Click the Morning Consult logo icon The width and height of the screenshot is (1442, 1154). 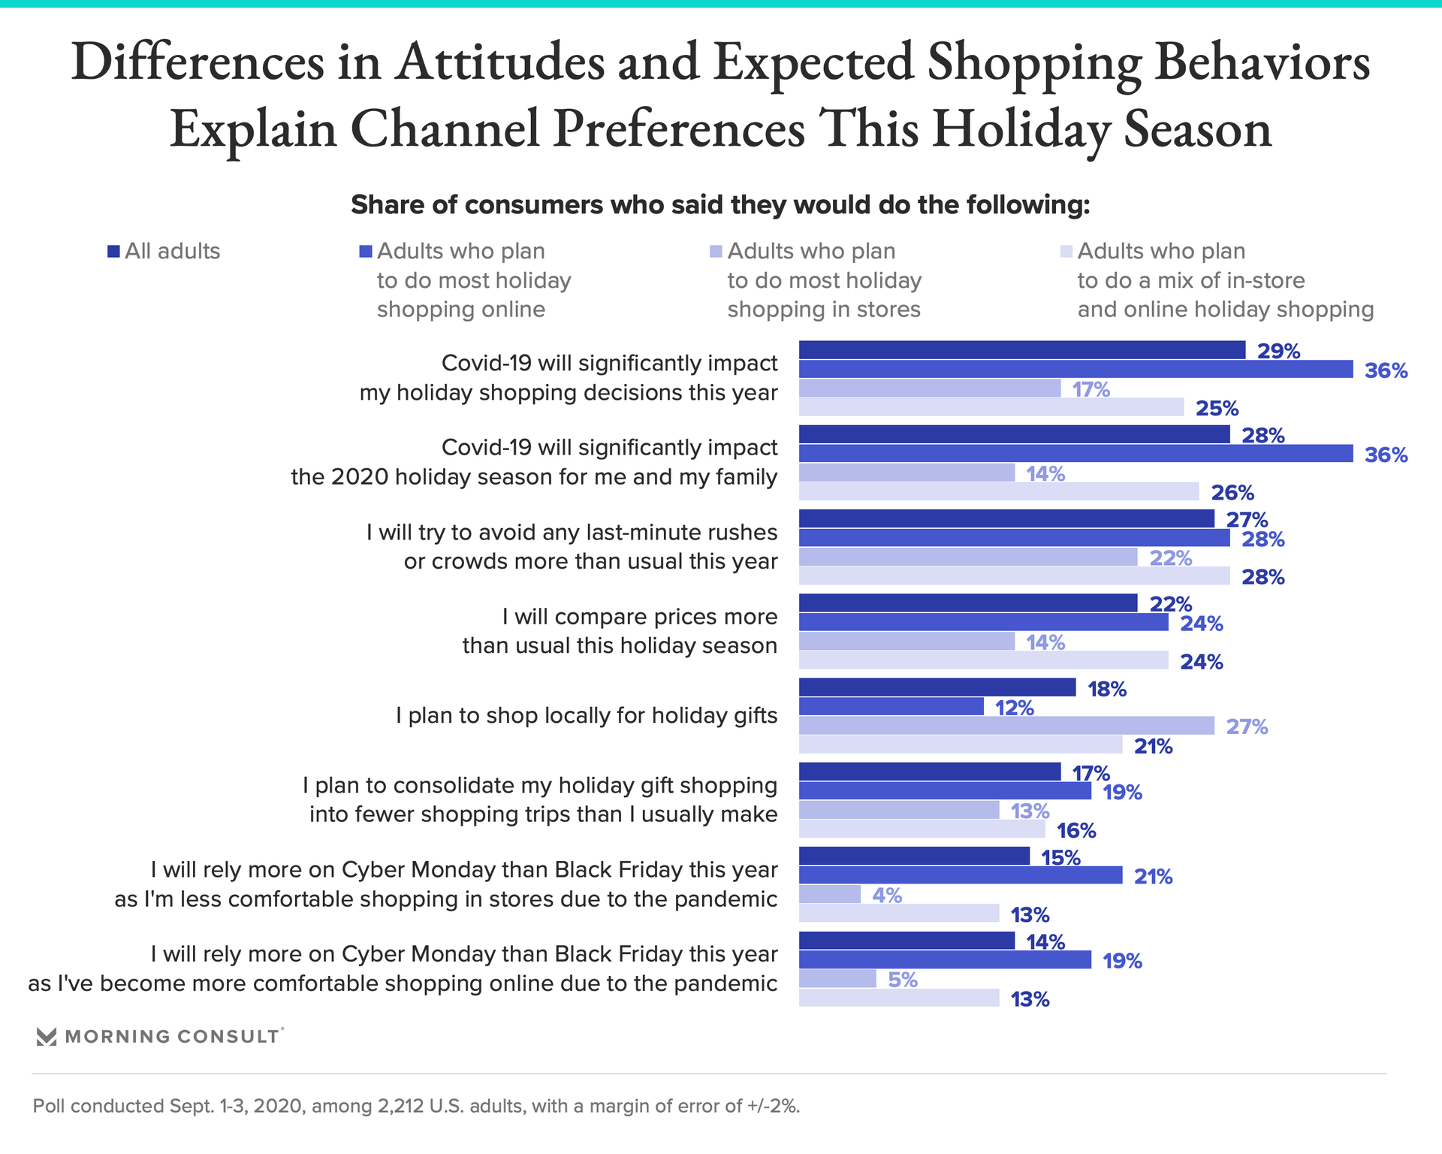tap(47, 1037)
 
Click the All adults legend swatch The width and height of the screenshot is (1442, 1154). tap(113, 252)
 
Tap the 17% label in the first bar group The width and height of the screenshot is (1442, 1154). tap(1091, 389)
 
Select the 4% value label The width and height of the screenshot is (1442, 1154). tap(886, 895)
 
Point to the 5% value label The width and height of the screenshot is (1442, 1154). tap(902, 980)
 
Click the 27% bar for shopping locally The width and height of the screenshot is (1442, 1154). tap(1006, 726)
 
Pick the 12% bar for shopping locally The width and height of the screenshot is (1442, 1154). tap(891, 707)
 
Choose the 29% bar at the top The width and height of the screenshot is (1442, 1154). tap(1021, 350)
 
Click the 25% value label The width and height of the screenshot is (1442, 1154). tap(1217, 409)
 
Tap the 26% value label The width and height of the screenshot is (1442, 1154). tap(1232, 493)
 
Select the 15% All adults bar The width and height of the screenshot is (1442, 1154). tap(914, 856)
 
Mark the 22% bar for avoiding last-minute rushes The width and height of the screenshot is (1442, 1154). tap(968, 557)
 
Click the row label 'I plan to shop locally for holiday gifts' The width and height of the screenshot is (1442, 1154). tap(587, 716)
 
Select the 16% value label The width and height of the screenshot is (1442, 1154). tap(1076, 831)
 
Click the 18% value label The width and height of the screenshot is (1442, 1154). tap(1107, 689)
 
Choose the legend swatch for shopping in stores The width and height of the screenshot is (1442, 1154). tap(716, 252)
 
